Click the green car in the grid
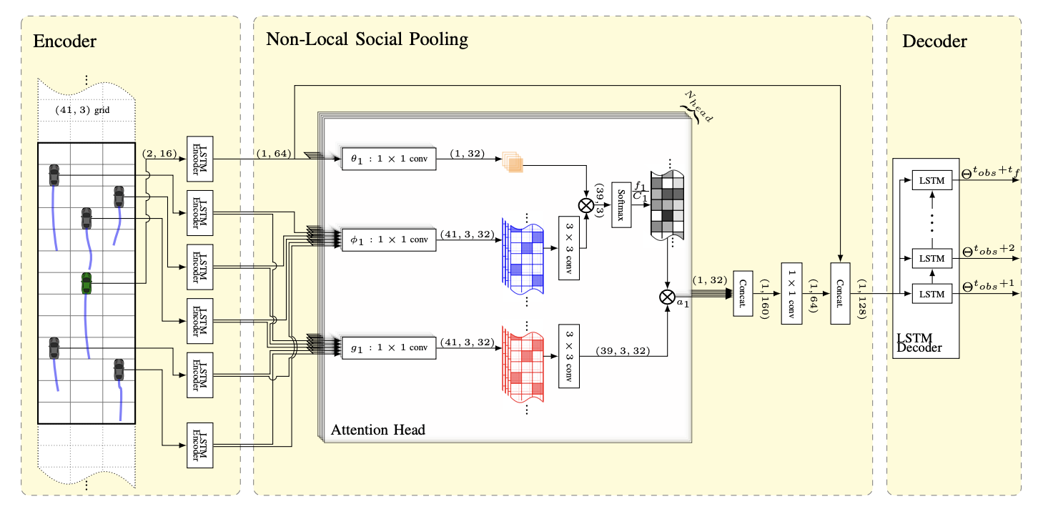coord(86,283)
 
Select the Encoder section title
coord(64,41)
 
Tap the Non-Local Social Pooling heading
coord(367,39)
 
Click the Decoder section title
coord(934,41)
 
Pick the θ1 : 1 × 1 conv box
coord(389,159)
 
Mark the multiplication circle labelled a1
coord(667,296)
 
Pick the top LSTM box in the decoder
coord(931,181)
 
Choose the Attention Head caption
coord(377,430)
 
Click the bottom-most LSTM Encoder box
coord(200,446)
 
